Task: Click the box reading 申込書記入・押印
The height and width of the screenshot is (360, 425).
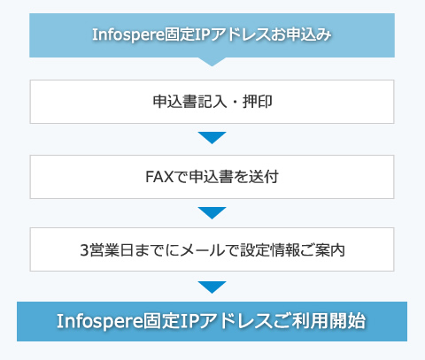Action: [x=212, y=102]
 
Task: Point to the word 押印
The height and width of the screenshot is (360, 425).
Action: [x=257, y=102]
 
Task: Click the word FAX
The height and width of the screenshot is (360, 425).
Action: [x=159, y=177]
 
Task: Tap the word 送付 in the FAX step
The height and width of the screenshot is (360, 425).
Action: [x=263, y=177]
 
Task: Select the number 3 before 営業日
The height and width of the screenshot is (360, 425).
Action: [x=84, y=250]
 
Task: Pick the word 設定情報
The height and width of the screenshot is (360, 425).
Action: [x=269, y=250]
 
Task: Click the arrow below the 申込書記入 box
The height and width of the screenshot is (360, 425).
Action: [x=212, y=137]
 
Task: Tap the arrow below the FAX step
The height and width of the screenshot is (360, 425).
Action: [x=212, y=212]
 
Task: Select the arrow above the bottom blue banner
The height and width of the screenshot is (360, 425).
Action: [x=212, y=287]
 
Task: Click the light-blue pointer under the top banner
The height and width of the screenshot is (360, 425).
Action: [x=212, y=62]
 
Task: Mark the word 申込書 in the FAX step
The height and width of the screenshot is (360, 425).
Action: [x=211, y=177]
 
